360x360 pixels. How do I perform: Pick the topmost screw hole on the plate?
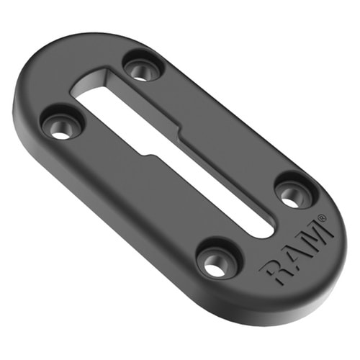click(x=143, y=69)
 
